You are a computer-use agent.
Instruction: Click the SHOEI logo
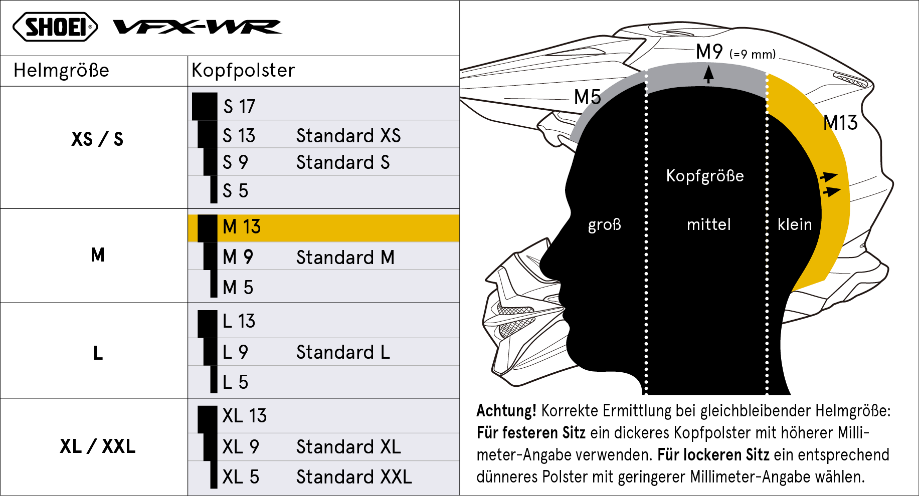(55, 27)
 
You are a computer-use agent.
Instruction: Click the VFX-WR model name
(198, 27)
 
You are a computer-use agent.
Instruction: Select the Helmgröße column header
(61, 70)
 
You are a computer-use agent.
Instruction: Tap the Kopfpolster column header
(243, 70)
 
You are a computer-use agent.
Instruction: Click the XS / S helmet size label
(97, 139)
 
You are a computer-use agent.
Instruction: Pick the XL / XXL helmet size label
(98, 446)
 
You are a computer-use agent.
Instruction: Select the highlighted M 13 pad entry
(242, 227)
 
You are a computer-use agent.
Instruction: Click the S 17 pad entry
(239, 106)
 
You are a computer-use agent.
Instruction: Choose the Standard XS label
(348, 136)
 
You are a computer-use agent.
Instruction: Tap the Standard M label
(345, 258)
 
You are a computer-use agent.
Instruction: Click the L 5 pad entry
(235, 382)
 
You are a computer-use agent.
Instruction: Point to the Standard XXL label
(354, 477)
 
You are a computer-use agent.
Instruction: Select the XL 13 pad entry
(245, 416)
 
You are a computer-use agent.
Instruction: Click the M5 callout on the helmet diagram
(587, 97)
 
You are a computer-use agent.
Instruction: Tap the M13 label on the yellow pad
(841, 123)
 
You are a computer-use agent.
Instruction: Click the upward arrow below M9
(708, 74)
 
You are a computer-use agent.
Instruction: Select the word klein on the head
(795, 224)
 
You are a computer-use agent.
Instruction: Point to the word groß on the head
(604, 224)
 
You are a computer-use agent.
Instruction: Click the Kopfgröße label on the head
(705, 176)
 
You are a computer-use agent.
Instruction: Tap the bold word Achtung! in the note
(506, 411)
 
